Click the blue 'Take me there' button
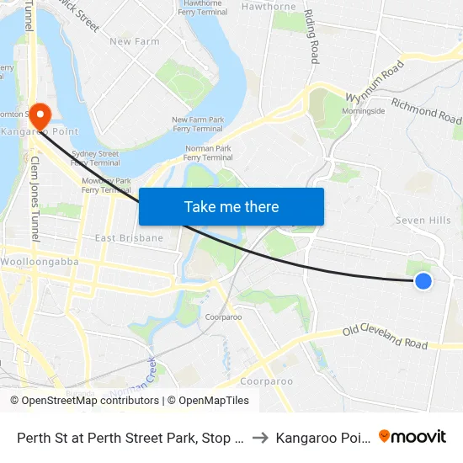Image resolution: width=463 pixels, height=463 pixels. pos(231,206)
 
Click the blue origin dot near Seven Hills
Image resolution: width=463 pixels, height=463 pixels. pos(423,281)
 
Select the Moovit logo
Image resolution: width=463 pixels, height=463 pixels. pos(412,436)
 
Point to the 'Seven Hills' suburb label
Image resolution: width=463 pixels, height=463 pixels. pos(423,221)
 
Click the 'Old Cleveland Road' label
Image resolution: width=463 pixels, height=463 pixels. pos(386,337)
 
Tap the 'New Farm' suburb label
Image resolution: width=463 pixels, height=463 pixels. pos(135,41)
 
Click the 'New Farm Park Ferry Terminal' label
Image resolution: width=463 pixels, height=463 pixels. pos(197,124)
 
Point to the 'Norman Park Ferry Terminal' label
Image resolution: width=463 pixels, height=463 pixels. pos(208,152)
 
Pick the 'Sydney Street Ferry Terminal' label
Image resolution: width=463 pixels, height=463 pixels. pos(94,158)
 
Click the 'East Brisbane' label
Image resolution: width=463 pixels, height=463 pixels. pos(129,238)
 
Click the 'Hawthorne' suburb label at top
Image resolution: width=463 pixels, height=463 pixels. pos(269,7)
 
